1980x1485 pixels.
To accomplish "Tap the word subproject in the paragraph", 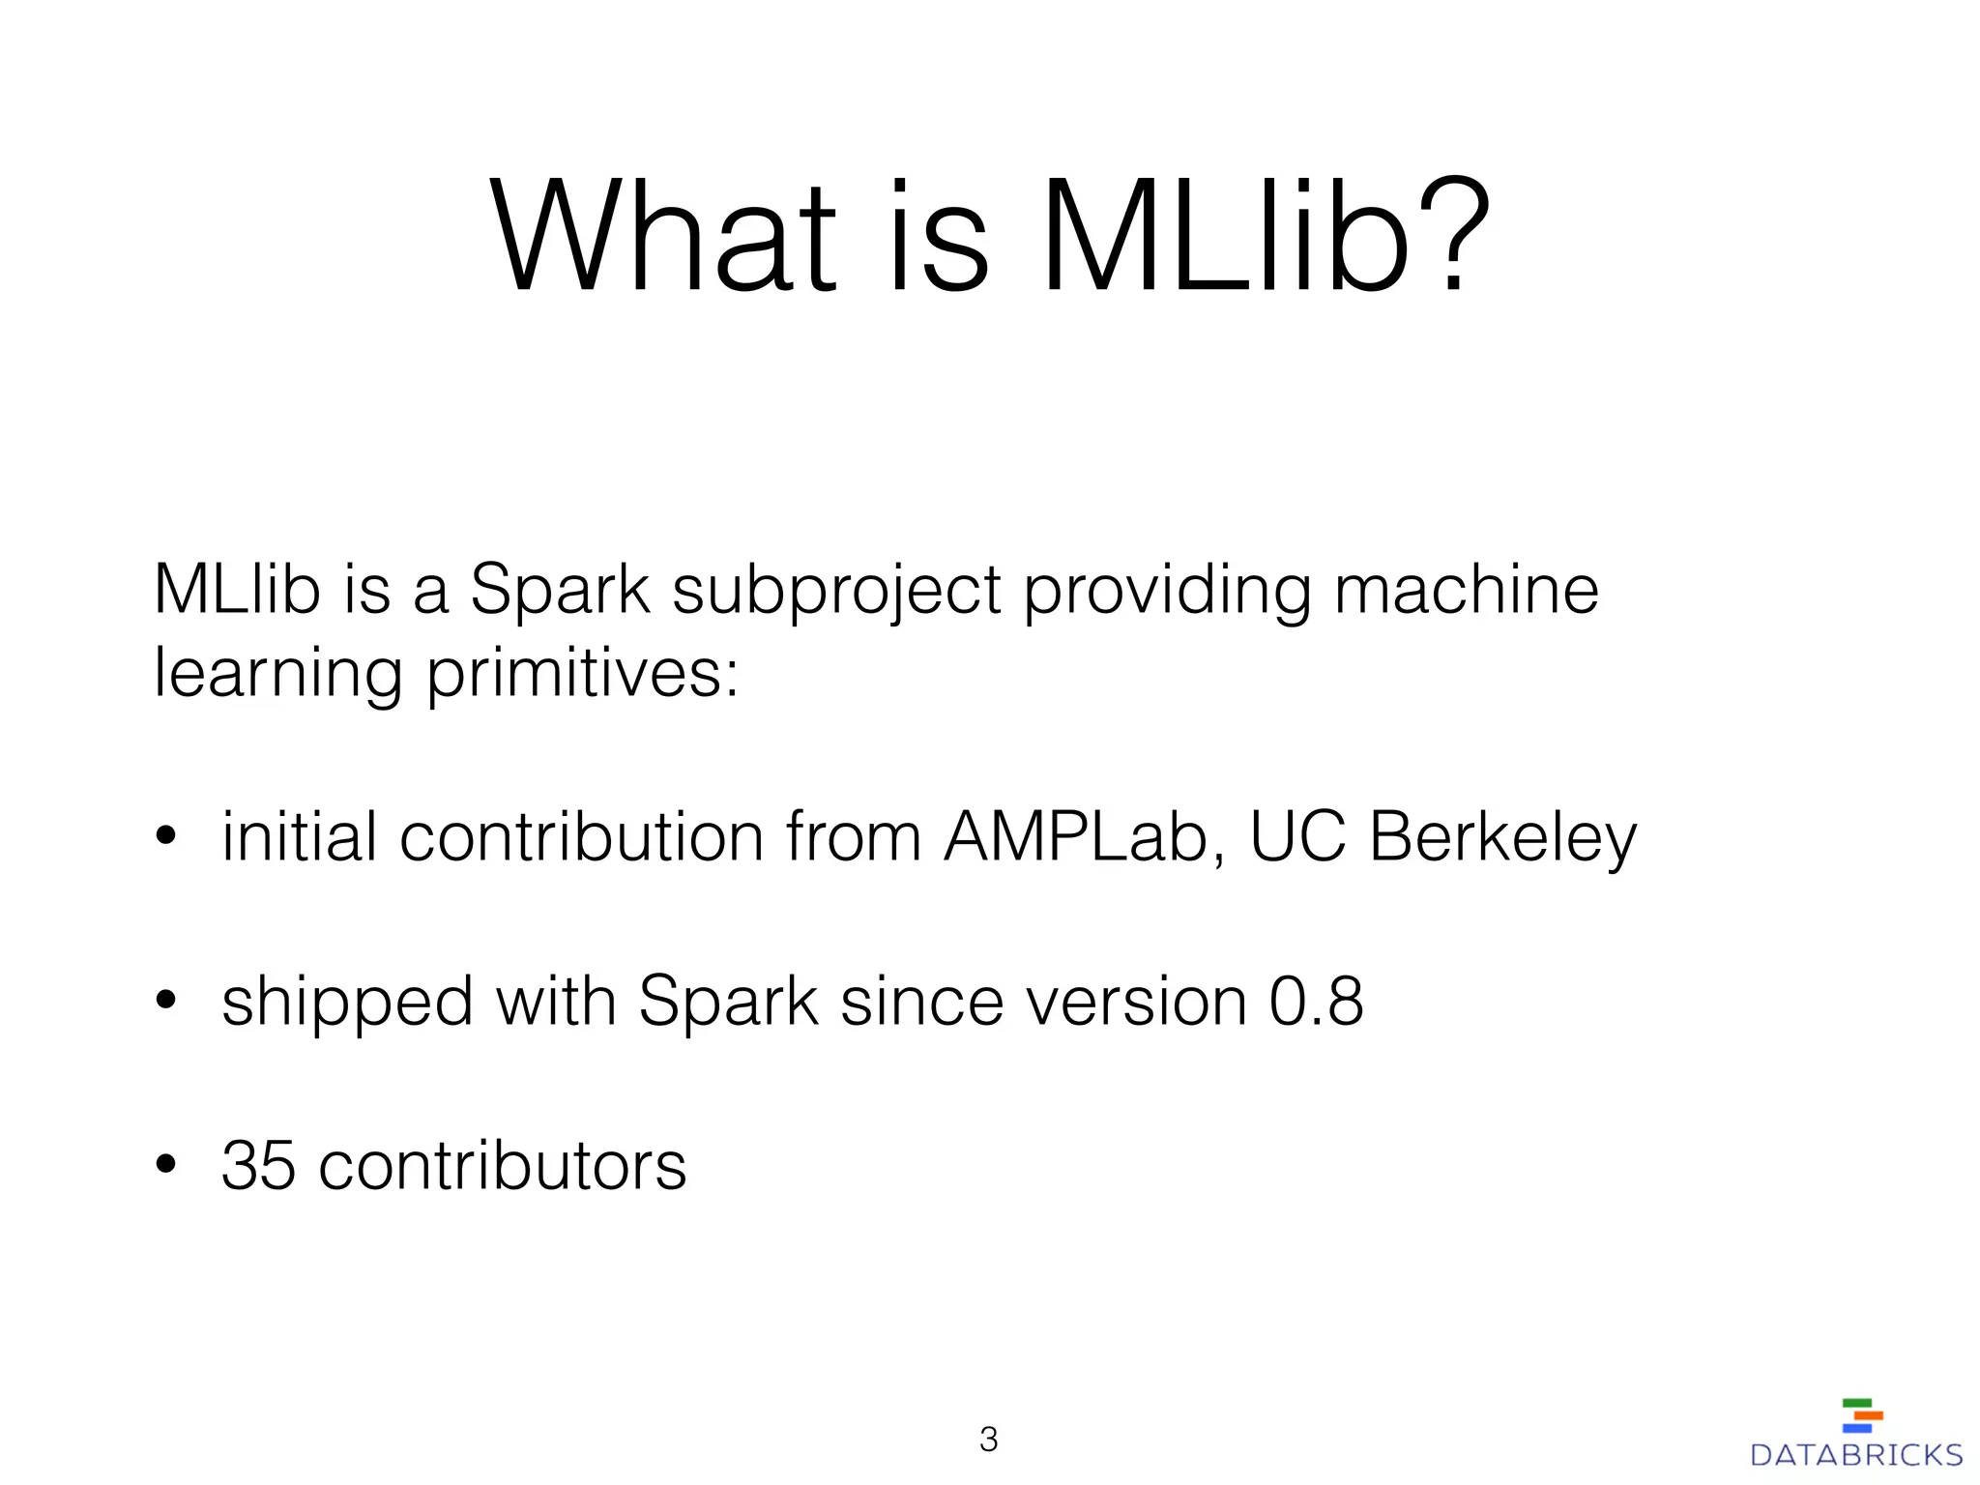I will (836, 592).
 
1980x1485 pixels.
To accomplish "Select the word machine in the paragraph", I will (1467, 590).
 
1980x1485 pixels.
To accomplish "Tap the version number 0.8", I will (1316, 1002).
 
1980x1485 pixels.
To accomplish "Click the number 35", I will (258, 1166).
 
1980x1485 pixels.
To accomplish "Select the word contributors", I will (503, 1166).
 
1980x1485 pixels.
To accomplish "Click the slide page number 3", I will (988, 1440).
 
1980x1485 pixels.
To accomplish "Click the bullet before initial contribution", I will (166, 838).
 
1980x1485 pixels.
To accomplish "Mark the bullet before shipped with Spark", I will (166, 1003).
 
